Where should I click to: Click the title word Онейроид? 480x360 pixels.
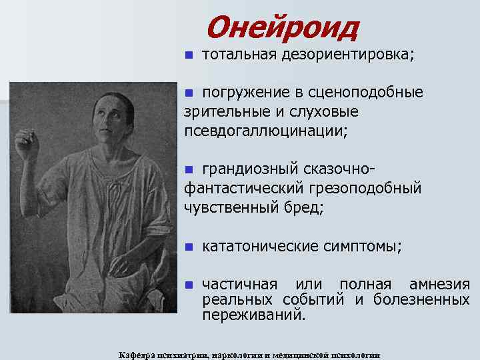282,27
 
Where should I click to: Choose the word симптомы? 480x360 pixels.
367,247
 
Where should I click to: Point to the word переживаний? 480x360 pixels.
254,313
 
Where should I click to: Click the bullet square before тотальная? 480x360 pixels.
189,55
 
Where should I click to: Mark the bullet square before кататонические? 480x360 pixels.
189,247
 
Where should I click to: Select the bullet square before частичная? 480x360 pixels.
189,285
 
